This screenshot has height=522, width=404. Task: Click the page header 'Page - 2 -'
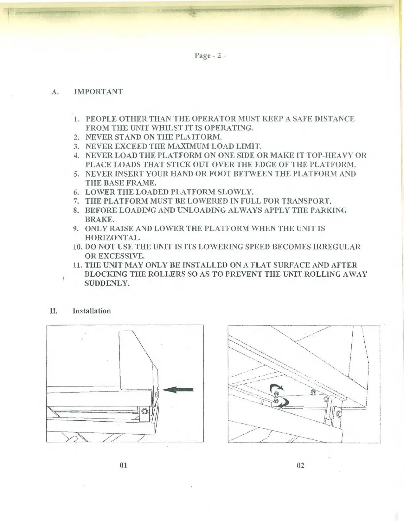pos(210,55)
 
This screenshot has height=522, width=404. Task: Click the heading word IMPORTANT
pos(98,92)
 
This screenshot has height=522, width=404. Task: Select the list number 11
pos(78,265)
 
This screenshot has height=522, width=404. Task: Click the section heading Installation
pos(92,311)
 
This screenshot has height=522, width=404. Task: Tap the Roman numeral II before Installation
pos(54,311)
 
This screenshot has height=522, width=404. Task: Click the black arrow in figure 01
pos(178,390)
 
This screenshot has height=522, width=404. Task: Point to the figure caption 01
pos(124,465)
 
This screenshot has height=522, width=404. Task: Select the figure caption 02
pos(301,466)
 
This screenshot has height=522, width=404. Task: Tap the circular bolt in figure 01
pos(145,411)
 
